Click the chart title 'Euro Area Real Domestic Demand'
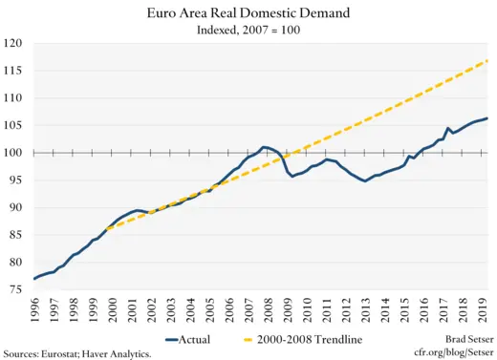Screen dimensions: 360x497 point(248,13)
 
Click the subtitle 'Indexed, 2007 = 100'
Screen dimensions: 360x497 point(248,30)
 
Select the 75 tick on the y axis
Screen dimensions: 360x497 point(15,289)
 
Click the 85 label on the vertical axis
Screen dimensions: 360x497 point(15,235)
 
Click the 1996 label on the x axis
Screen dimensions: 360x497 point(35,311)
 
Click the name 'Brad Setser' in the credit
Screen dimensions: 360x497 point(461,339)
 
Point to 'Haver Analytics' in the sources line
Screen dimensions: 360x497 point(119,352)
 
